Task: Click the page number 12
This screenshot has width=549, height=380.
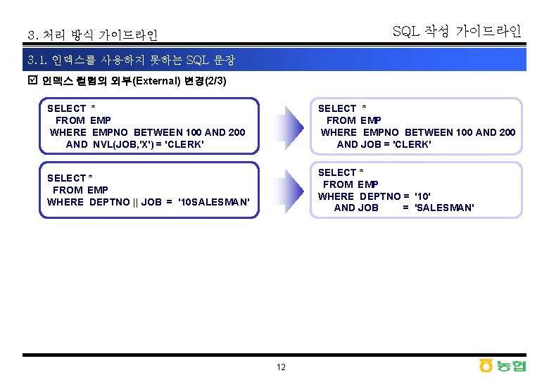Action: pyautogui.click(x=281, y=367)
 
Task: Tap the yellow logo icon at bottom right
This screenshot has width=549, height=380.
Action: pyautogui.click(x=486, y=365)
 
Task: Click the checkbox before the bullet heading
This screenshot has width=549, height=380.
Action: pyautogui.click(x=32, y=81)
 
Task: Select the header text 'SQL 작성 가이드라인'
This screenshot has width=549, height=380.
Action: pyautogui.click(x=456, y=32)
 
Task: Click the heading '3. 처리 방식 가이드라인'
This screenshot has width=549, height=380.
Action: pyautogui.click(x=92, y=34)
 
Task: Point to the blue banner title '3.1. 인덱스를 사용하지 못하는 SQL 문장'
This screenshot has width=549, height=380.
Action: pyautogui.click(x=131, y=61)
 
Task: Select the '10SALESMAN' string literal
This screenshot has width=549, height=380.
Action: pyautogui.click(x=215, y=202)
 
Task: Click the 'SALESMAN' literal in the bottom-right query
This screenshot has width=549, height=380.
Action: pyautogui.click(x=444, y=208)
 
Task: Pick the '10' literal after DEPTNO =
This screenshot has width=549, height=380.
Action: pyautogui.click(x=423, y=196)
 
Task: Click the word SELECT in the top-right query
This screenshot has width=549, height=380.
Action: pyautogui.click(x=337, y=108)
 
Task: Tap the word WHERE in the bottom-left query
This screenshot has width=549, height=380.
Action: pyautogui.click(x=65, y=202)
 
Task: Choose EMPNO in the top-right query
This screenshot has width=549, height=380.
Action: pyautogui.click(x=381, y=132)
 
